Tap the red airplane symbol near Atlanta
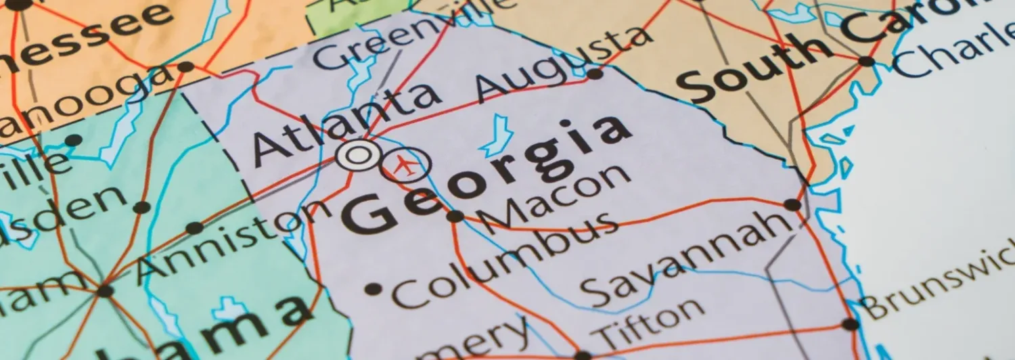[405, 164]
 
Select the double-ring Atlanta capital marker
[357, 156]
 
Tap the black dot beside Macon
[455, 217]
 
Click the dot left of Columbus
[373, 290]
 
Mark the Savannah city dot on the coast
[792, 204]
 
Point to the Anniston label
[233, 240]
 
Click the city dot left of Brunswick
[851, 324]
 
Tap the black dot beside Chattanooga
[185, 67]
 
